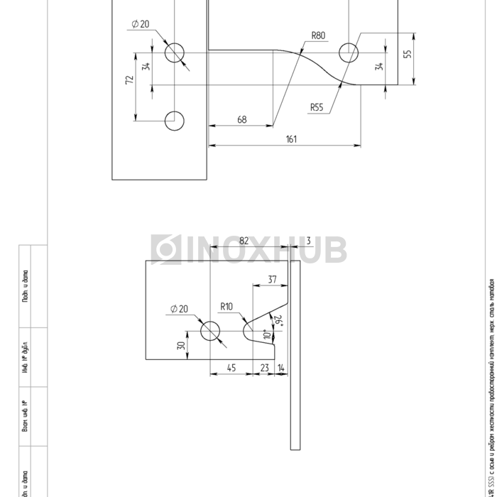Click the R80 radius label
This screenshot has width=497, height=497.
click(x=318, y=35)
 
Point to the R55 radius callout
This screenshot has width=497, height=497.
click(x=316, y=108)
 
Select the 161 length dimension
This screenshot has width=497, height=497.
click(x=291, y=139)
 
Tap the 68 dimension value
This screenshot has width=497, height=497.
click(x=242, y=120)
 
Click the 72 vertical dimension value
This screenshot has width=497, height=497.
click(x=130, y=80)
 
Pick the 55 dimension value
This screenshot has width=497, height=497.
click(x=408, y=54)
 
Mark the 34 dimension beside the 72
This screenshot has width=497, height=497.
click(x=146, y=67)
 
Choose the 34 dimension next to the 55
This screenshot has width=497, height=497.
click(x=380, y=67)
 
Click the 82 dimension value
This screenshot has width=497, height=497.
click(x=244, y=241)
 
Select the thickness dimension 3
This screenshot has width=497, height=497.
click(x=309, y=241)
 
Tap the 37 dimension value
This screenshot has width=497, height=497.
click(x=272, y=280)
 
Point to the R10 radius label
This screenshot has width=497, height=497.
click(x=226, y=307)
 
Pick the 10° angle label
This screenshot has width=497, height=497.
click(x=267, y=334)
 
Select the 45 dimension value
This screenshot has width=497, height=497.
click(x=231, y=368)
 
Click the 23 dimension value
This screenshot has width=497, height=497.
click(x=264, y=368)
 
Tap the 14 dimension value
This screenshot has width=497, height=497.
click(x=282, y=368)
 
